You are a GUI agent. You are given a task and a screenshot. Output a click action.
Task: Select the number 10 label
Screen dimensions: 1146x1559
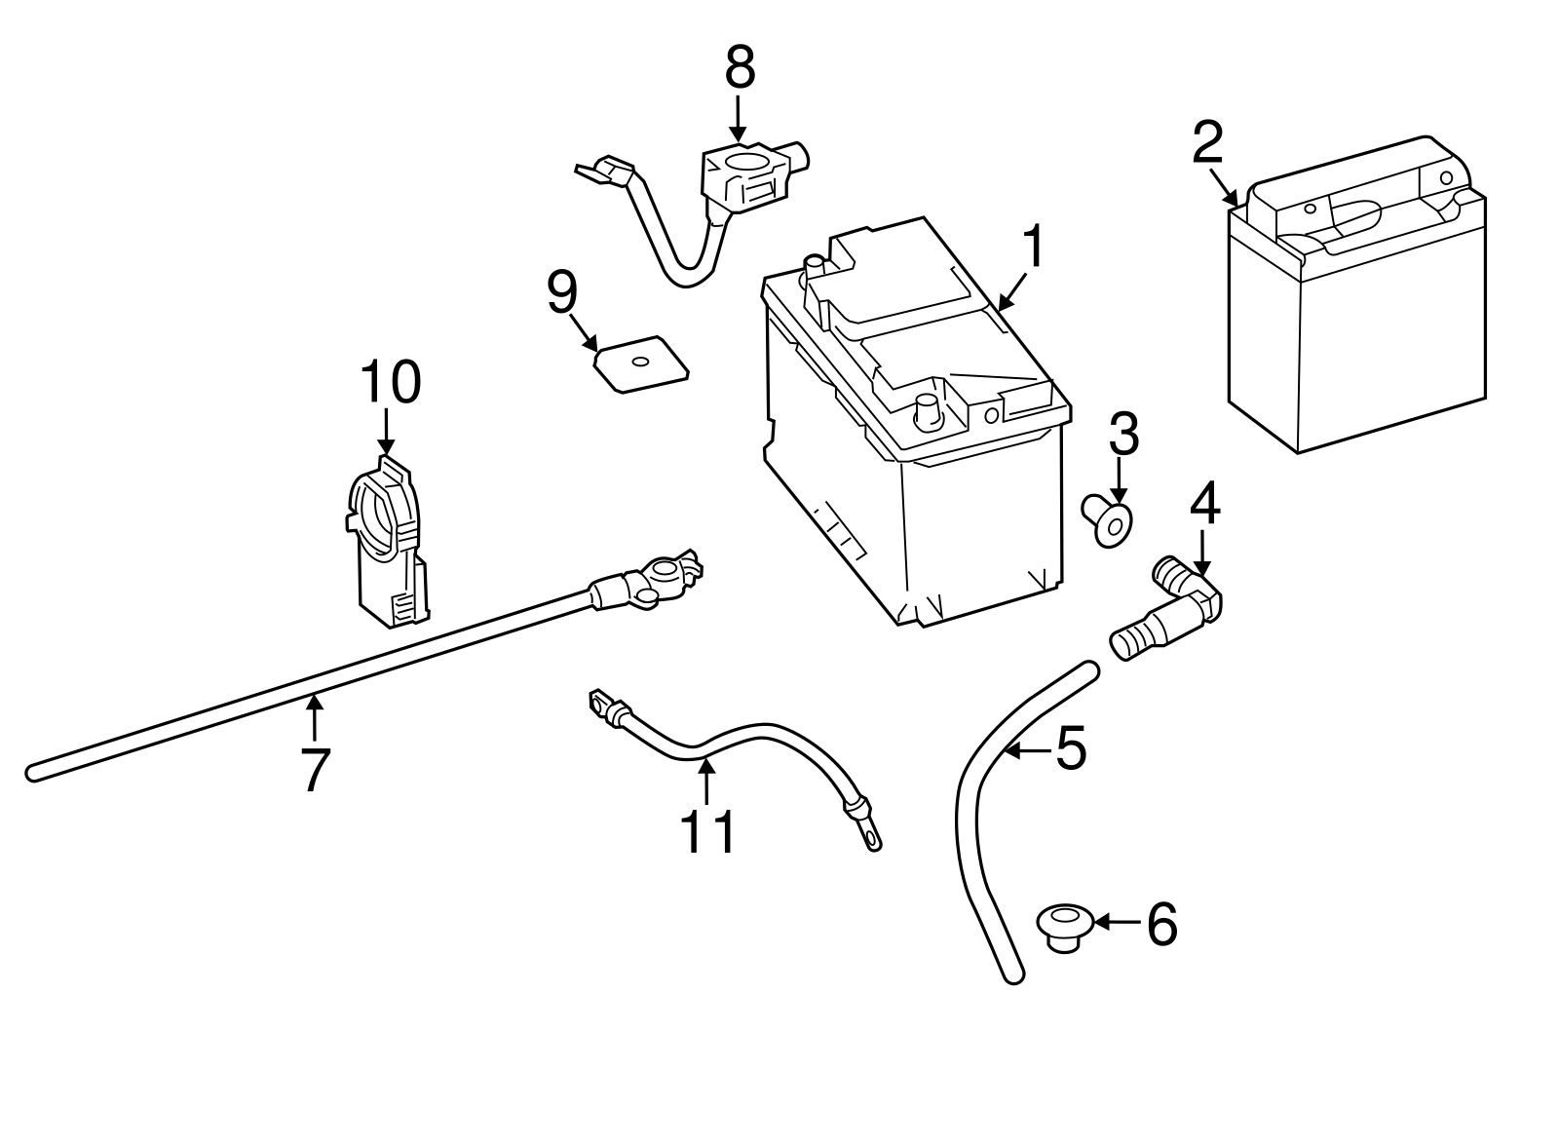pyautogui.click(x=391, y=382)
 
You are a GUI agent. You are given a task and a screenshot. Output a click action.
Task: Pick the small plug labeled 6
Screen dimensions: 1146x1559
pyautogui.click(x=1065, y=927)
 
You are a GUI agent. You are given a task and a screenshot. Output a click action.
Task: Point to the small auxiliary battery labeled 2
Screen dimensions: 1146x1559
pyautogui.click(x=1356, y=302)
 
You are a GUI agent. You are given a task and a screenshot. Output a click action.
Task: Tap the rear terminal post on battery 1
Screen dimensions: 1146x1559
pyautogui.click(x=811, y=268)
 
